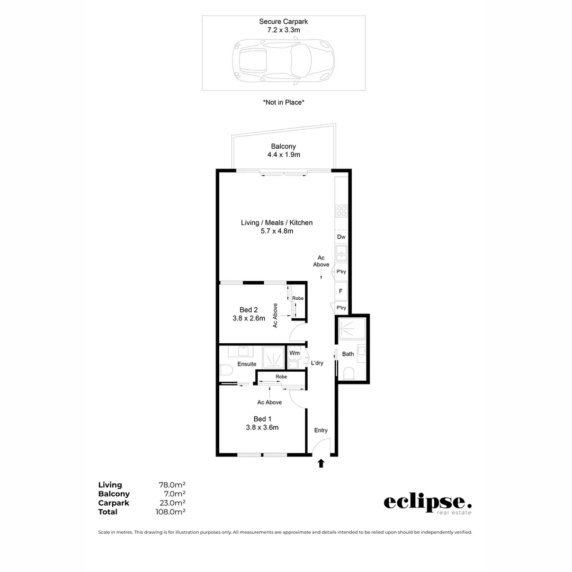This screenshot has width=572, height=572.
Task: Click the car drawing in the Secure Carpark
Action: tap(283, 61)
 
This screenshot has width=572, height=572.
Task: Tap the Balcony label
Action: tap(283, 146)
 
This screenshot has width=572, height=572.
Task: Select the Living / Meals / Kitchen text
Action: tap(276, 222)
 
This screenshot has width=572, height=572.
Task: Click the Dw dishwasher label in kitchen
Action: tap(341, 237)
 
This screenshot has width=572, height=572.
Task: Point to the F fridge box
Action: tap(341, 291)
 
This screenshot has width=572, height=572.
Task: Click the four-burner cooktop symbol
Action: tap(342, 211)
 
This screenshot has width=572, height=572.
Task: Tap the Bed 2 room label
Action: tap(248, 310)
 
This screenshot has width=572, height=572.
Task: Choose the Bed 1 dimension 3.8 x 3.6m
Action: tap(262, 427)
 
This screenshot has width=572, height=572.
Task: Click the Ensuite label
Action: tap(247, 364)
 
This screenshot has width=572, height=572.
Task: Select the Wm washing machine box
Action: tap(294, 353)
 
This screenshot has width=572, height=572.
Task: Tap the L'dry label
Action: tap(317, 363)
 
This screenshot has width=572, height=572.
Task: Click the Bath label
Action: tap(348, 354)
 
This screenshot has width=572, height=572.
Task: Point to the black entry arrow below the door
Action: tap(320, 463)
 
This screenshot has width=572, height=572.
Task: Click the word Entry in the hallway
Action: tap(321, 430)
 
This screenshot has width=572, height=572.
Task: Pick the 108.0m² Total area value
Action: tap(172, 512)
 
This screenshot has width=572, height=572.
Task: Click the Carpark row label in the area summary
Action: tap(113, 503)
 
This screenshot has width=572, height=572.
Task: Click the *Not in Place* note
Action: tap(283, 102)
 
